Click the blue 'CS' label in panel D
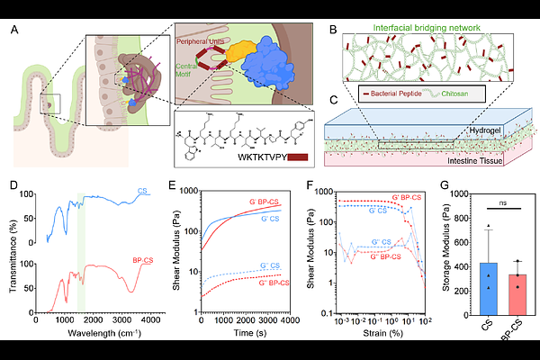pos(140,192)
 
